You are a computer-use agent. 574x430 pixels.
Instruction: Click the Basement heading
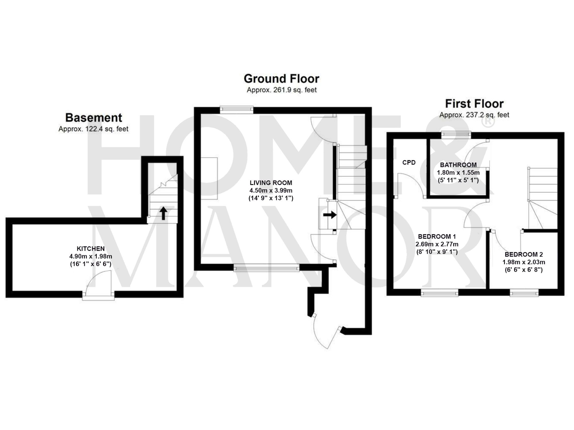pos(94,118)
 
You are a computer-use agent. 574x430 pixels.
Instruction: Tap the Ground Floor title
pos(281,79)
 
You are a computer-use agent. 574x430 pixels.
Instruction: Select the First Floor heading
pos(474,104)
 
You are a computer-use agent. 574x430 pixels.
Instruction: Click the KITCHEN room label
pos(91,249)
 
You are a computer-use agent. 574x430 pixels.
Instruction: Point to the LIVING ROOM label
pos(271,183)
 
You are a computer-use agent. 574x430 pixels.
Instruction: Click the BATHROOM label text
pos(458,165)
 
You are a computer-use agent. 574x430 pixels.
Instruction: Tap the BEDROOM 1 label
pos(437,237)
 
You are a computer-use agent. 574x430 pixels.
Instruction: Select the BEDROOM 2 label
pos(523,254)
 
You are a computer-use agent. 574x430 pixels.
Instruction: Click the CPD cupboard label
pos(409,163)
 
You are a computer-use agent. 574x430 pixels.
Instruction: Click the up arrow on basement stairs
pos(163,213)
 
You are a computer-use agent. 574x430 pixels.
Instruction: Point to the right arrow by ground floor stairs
pos(330,215)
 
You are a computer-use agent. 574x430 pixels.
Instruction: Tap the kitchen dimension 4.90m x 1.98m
pos(91,256)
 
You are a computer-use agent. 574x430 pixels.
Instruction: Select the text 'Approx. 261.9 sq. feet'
pos(282,90)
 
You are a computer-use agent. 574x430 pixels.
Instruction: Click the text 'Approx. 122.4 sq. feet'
pos(93,129)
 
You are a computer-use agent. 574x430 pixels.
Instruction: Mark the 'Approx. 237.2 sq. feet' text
pos(474,115)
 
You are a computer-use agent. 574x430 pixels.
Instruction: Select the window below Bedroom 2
pos(524,293)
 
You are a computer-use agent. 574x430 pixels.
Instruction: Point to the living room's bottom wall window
pos(266,268)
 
